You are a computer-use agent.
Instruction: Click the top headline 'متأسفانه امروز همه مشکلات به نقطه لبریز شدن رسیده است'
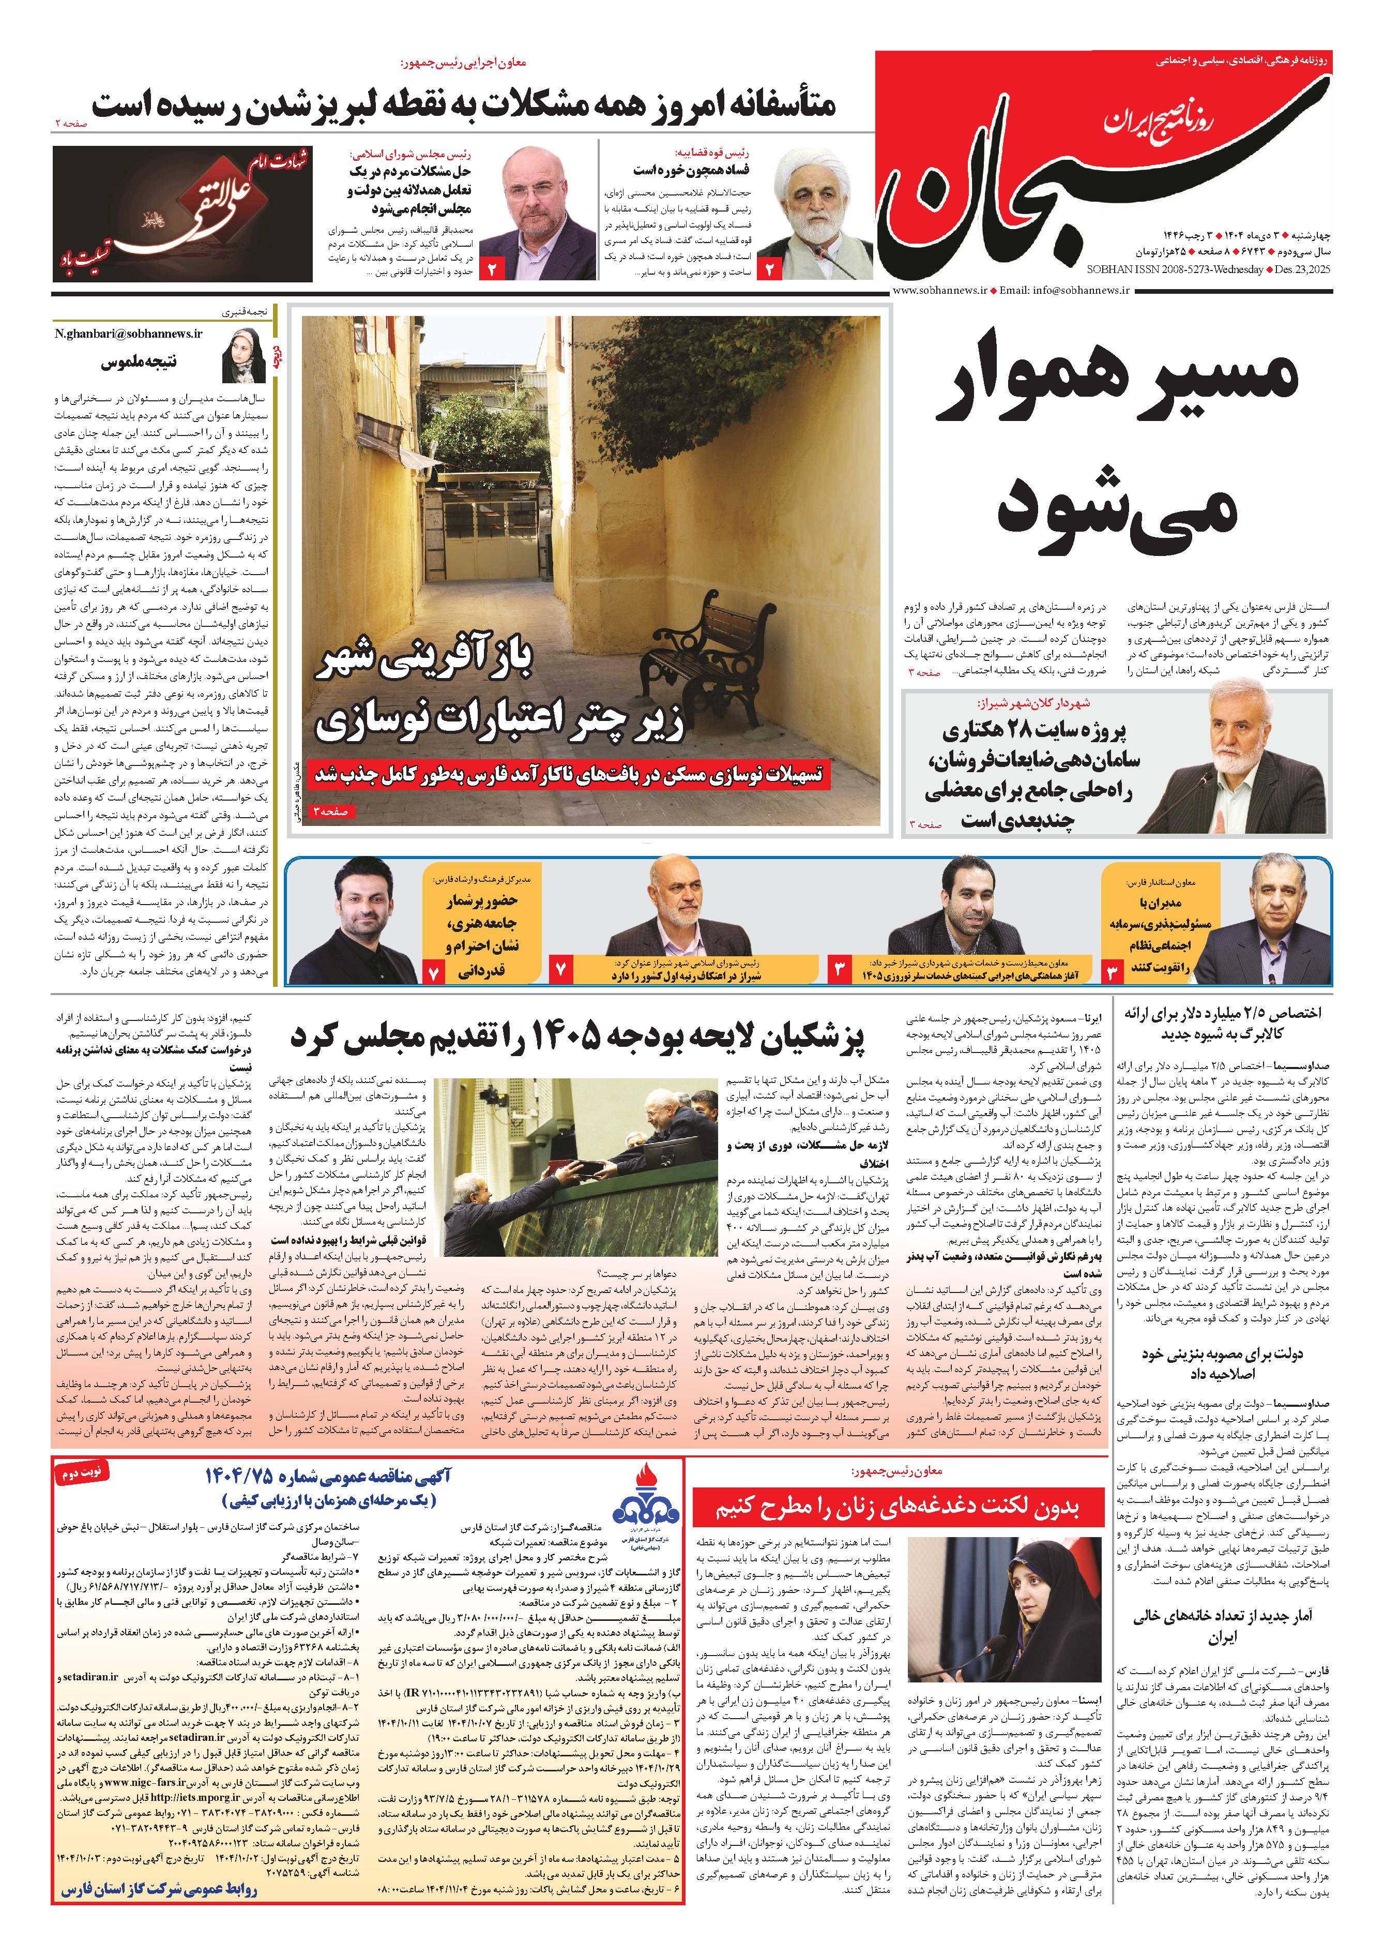coord(464,105)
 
